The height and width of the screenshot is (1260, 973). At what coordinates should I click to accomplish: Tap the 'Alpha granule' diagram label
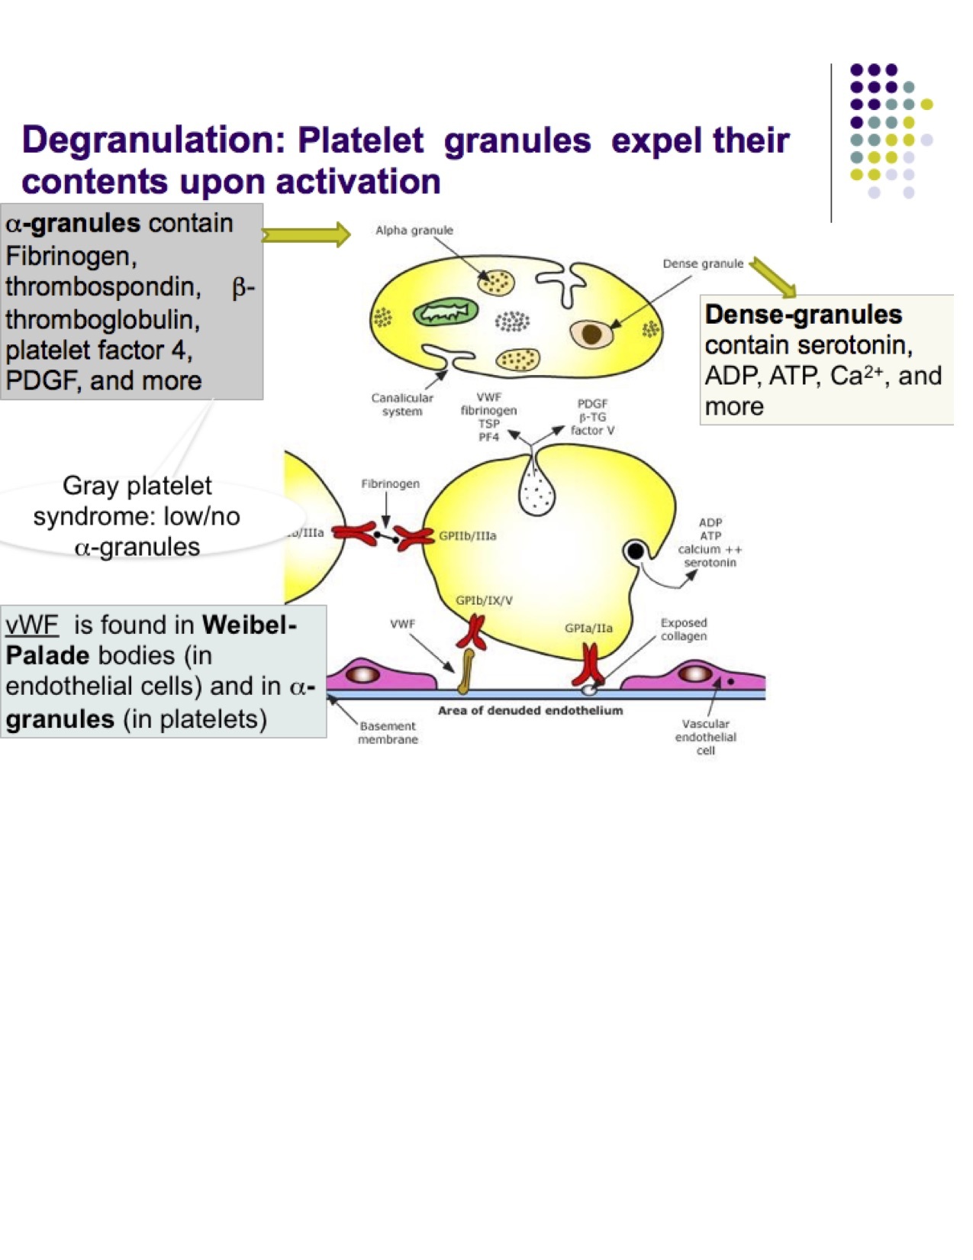[414, 230]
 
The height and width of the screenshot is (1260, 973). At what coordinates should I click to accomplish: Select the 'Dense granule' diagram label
[702, 263]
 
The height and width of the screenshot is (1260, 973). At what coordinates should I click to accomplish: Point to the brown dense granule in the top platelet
[591, 333]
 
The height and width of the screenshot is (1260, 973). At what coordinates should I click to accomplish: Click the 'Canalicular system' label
[402, 404]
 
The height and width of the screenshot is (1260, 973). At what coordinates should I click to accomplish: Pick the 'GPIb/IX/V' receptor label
[484, 600]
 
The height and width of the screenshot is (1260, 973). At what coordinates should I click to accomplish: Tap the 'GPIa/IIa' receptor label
[588, 628]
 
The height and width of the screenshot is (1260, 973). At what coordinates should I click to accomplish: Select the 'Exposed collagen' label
[684, 629]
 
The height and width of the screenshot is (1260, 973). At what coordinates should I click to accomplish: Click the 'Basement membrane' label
[388, 732]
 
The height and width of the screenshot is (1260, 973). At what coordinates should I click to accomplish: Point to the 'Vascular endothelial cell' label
[705, 737]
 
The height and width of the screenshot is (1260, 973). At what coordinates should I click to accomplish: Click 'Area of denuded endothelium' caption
[530, 710]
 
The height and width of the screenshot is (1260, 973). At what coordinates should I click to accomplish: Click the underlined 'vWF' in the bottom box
[32, 625]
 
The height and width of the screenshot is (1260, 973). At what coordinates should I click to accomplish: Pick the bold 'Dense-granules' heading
[803, 314]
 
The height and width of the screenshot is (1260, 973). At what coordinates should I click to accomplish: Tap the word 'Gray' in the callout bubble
[92, 486]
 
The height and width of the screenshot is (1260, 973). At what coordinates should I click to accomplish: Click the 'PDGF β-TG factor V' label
[592, 417]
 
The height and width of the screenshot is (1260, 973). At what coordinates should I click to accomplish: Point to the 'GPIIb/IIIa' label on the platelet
[467, 536]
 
